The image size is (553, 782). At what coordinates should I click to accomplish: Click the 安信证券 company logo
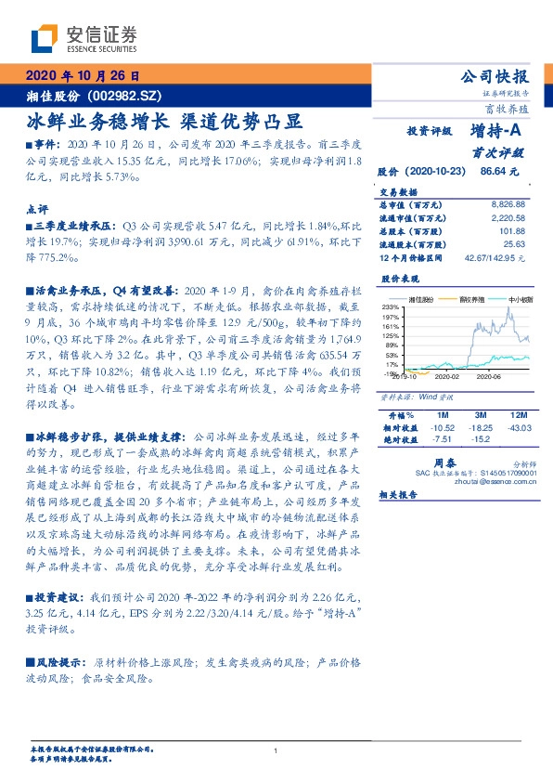pyautogui.click(x=84, y=39)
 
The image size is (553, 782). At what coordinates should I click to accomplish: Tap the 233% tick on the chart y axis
pyautogui.click(x=390, y=306)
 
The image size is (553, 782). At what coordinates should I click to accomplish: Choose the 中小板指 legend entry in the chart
pyautogui.click(x=520, y=299)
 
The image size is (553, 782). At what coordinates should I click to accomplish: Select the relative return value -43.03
pyautogui.click(x=519, y=426)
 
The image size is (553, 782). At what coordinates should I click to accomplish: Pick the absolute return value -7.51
pyautogui.click(x=442, y=438)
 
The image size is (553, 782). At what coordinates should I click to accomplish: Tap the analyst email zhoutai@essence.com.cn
pyautogui.click(x=490, y=483)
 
